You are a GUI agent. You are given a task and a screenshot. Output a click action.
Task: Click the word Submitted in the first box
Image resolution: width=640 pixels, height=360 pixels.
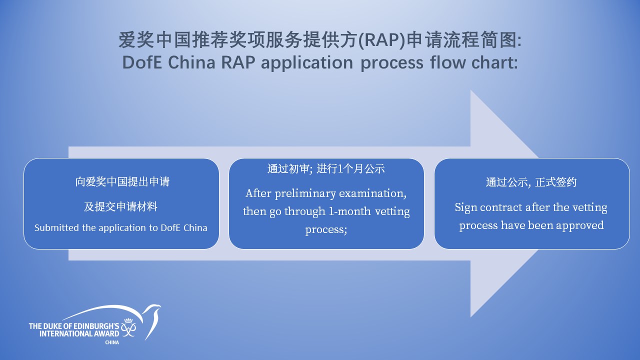click(x=56, y=227)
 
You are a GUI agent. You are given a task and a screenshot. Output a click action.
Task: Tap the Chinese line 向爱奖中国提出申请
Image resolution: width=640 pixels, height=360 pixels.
click(x=122, y=181)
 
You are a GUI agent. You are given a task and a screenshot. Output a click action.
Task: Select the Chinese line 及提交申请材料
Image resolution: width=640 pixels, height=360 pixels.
click(x=120, y=206)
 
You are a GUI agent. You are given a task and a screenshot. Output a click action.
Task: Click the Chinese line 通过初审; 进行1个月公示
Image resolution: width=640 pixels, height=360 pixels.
click(x=326, y=169)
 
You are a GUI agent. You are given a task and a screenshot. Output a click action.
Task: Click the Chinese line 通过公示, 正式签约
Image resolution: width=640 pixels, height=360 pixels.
click(x=531, y=182)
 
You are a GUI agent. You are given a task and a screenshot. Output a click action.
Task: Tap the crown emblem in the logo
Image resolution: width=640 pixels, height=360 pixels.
click(x=128, y=320)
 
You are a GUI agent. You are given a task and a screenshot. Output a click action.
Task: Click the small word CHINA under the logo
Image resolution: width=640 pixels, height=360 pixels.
click(x=112, y=342)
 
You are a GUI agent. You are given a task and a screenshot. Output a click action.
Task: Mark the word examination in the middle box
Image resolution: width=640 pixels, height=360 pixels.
click(x=372, y=193)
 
